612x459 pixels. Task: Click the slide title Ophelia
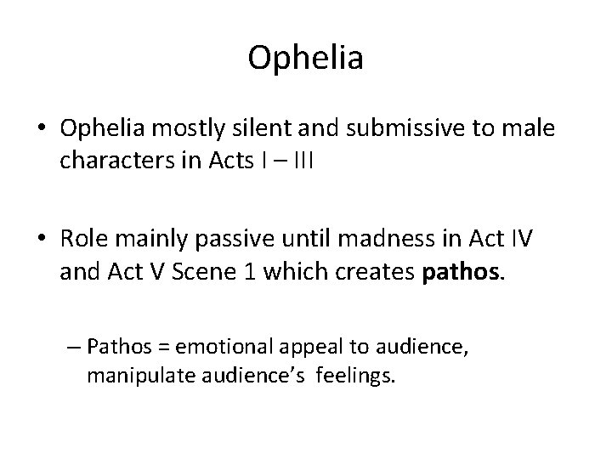[306, 59]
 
